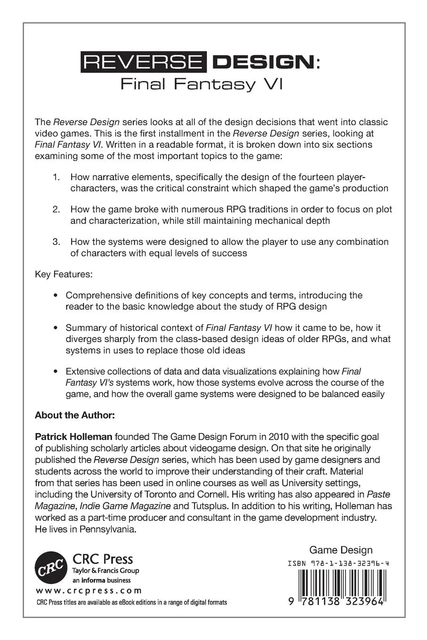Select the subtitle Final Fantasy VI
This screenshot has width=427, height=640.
click(201, 85)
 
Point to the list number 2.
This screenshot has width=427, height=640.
click(56, 209)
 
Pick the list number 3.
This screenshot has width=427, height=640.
click(56, 242)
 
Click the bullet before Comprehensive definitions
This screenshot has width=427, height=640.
click(56, 296)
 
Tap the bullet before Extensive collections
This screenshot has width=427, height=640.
click(56, 371)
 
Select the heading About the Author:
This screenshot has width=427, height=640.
click(74, 416)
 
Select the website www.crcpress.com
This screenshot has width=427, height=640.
click(89, 591)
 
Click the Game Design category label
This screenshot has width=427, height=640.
click(340, 550)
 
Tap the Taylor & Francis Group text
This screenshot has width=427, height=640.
click(105, 571)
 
